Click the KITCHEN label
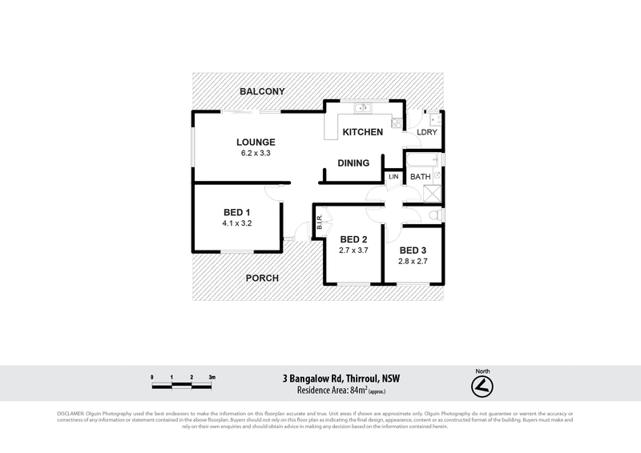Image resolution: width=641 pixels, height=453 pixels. pyautogui.click(x=362, y=132)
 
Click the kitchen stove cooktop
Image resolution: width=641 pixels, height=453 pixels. pyautogui.click(x=397, y=122)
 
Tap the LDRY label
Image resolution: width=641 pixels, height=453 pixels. pyautogui.click(x=427, y=133)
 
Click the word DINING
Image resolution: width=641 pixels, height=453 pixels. pyautogui.click(x=353, y=163)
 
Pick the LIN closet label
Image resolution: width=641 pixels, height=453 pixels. pyautogui.click(x=393, y=176)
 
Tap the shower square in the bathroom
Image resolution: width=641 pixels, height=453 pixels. pyautogui.click(x=431, y=192)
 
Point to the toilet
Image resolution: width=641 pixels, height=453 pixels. pyautogui.click(x=434, y=215)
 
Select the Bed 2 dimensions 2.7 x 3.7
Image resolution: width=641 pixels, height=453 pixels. pyautogui.click(x=353, y=251)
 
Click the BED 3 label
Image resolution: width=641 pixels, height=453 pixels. pyautogui.click(x=414, y=249)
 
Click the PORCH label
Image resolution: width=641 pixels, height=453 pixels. pyautogui.click(x=262, y=279)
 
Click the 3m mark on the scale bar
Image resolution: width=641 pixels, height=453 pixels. pyautogui.click(x=212, y=376)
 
